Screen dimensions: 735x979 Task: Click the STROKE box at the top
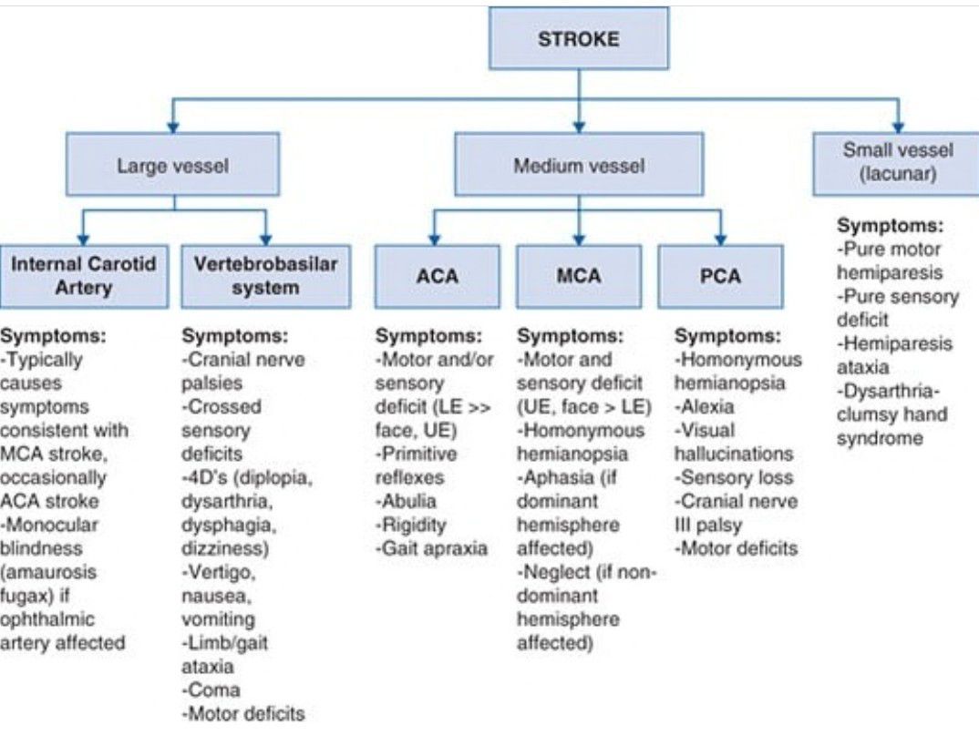pyautogui.click(x=579, y=39)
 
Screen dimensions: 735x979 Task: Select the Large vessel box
pyautogui.click(x=172, y=166)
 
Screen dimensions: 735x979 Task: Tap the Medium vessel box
pyautogui.click(x=579, y=166)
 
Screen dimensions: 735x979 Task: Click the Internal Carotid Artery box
pyautogui.click(x=84, y=276)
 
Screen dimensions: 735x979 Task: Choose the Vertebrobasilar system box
pyautogui.click(x=265, y=276)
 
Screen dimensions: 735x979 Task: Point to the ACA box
pyautogui.click(x=438, y=276)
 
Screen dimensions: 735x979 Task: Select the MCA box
pyautogui.click(x=579, y=276)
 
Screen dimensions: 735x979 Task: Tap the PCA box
pyautogui.click(x=720, y=276)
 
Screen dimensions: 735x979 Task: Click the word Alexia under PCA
pyautogui.click(x=705, y=406)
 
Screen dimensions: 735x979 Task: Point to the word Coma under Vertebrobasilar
pyautogui.click(x=211, y=690)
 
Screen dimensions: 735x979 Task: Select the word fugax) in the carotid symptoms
pyautogui.click(x=28, y=596)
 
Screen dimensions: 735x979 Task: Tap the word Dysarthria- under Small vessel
pyautogui.click(x=891, y=392)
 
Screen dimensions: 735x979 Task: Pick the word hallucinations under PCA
pyautogui.click(x=734, y=454)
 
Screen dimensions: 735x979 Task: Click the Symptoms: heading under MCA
pyautogui.click(x=571, y=335)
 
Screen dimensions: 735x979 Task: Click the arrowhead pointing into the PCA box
pyautogui.click(x=720, y=238)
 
